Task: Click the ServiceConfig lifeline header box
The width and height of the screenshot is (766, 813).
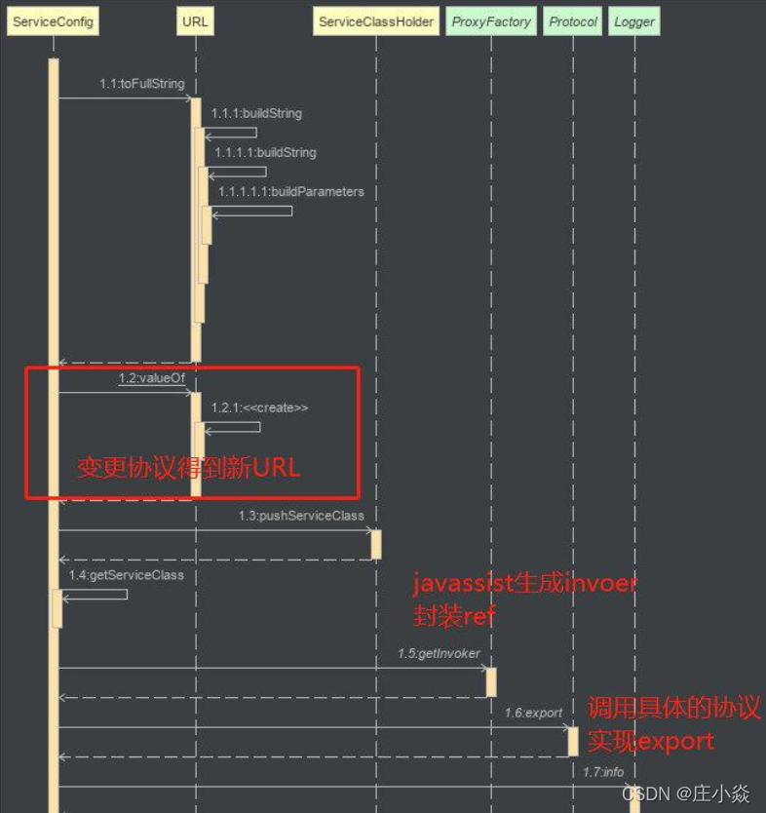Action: (x=52, y=21)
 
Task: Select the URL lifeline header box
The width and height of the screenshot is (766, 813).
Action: (x=195, y=21)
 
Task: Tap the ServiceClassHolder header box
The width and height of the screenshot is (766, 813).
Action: (x=376, y=21)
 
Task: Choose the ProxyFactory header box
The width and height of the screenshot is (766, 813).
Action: (x=491, y=21)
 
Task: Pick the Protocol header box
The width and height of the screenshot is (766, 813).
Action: (x=573, y=21)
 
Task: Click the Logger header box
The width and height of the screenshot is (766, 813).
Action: (x=634, y=21)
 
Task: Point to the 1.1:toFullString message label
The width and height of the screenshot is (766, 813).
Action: (x=141, y=84)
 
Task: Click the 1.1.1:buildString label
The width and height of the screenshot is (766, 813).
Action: (x=256, y=114)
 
